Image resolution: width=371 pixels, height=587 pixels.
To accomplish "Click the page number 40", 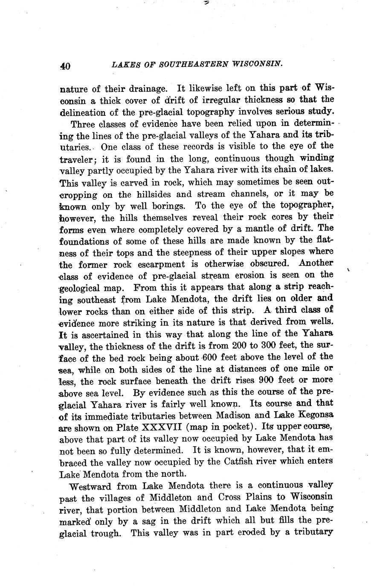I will pos(65,66).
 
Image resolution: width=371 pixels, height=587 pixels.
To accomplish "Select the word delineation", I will pos(82,112).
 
